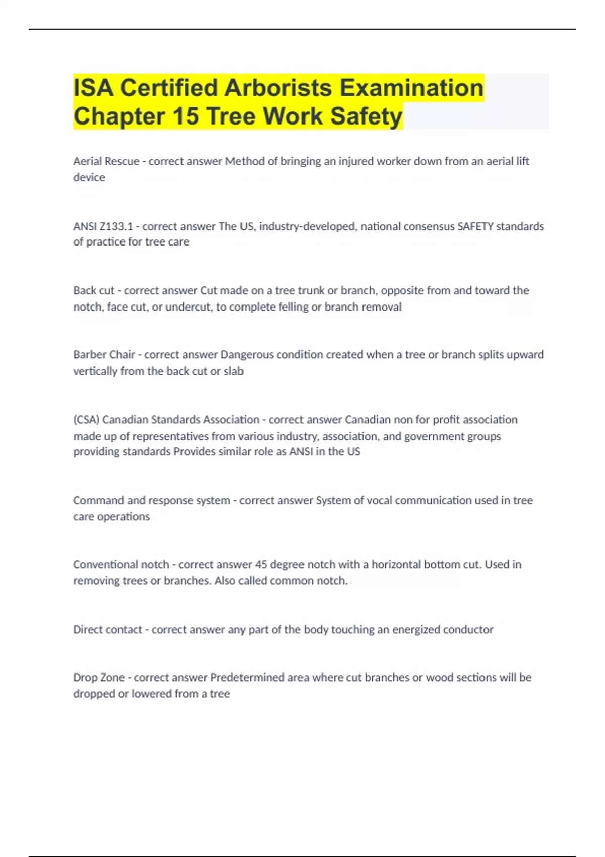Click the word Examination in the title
tap(411, 88)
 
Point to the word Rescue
tap(122, 161)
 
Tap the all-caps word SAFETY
tap(475, 226)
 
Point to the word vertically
tap(95, 371)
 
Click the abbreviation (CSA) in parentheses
tap(86, 420)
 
